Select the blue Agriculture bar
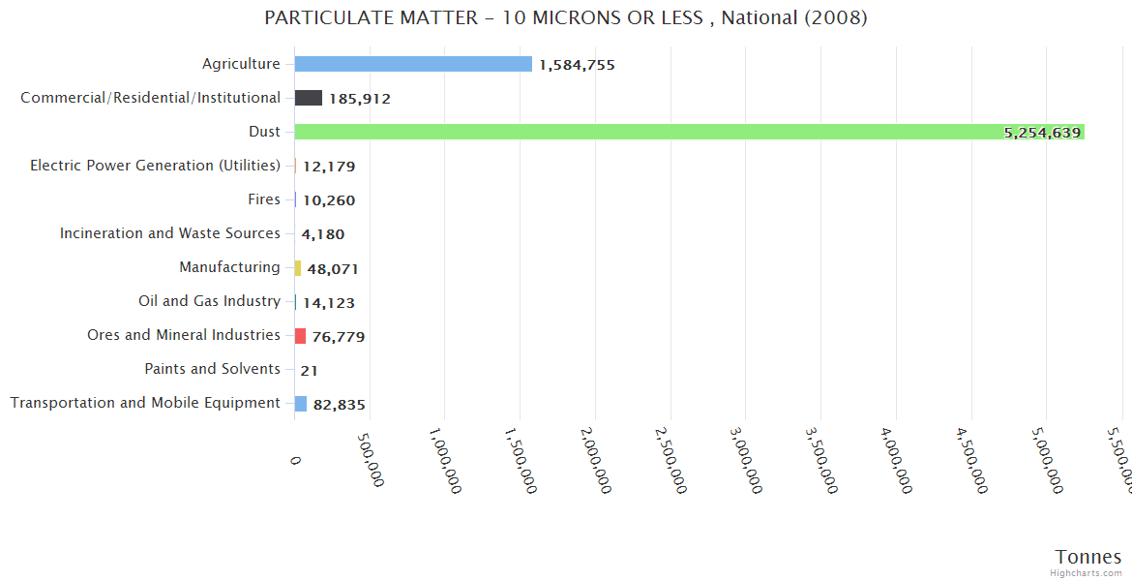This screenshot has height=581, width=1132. pos(413,64)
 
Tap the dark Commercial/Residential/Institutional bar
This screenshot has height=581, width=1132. pos(309,98)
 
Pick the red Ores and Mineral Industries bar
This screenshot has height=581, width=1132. pos(301,336)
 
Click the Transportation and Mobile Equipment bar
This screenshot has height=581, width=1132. pos(301,404)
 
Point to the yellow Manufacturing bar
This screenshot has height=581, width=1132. pos(298,268)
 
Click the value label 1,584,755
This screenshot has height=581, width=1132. pos(577,65)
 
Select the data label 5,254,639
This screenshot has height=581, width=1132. pos(1042,133)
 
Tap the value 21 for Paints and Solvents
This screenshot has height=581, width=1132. pos(310,370)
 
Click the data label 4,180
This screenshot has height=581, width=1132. pos(323,234)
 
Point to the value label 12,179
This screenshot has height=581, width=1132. pos(329,167)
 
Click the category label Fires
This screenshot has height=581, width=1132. pos(264,199)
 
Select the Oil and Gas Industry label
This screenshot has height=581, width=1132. pos(209,301)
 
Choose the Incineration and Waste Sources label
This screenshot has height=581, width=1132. pos(170,233)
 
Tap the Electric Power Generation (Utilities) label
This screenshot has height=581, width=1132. pos(155,166)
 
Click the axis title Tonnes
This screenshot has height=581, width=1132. pos(1088,557)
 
